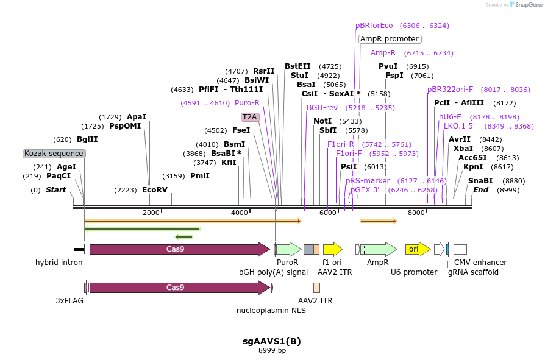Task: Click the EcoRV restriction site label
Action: (x=155, y=190)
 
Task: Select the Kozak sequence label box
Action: (x=54, y=154)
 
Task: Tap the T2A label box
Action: (x=250, y=116)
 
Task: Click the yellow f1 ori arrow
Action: (x=333, y=249)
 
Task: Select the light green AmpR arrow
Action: (x=379, y=249)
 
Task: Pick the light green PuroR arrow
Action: (x=288, y=249)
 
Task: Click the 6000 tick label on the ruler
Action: (x=328, y=213)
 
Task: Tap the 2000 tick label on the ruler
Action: (x=151, y=213)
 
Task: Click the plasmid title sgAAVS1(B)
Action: (x=272, y=341)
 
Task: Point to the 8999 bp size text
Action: (x=272, y=351)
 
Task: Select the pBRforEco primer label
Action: (x=374, y=26)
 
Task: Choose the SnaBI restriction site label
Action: (x=480, y=181)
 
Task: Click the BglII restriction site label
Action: (x=87, y=139)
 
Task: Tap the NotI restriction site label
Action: (x=322, y=121)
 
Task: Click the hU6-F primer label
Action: (x=450, y=117)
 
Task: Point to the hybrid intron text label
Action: (x=59, y=263)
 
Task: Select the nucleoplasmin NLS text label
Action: (x=271, y=311)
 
